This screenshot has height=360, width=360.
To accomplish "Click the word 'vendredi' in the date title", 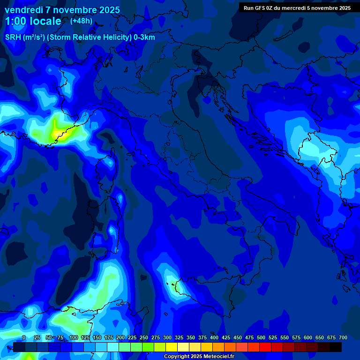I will (23, 10).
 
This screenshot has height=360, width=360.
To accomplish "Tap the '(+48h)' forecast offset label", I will (81, 21).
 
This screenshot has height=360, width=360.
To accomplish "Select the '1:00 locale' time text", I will (33, 21).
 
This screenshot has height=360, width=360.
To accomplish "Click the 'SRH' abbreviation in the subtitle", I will (13, 37).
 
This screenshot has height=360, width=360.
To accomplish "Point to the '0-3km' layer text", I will (144, 37).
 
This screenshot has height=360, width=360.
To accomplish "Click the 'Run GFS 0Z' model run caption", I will (260, 8).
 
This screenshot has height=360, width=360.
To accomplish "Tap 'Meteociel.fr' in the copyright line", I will (216, 357).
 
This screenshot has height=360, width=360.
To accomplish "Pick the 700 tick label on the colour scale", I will (343, 337).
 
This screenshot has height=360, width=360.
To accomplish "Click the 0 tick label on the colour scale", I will (24, 337).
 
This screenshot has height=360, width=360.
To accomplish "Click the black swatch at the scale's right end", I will (336, 347).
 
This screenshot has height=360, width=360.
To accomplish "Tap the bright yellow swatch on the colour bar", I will (172, 347).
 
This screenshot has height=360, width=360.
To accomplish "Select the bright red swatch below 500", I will (254, 347).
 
